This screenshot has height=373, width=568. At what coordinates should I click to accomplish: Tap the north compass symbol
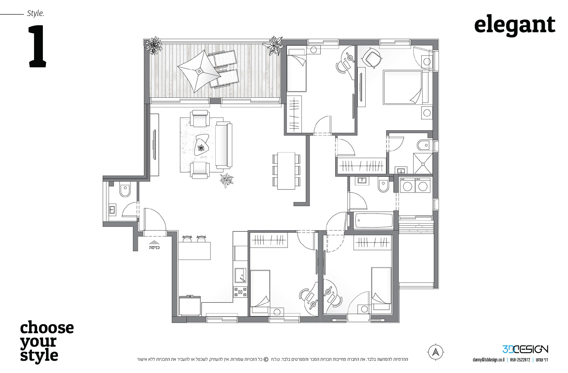435,352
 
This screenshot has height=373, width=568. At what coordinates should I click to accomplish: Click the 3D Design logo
525,349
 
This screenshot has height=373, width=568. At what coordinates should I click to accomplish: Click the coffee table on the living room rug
202,144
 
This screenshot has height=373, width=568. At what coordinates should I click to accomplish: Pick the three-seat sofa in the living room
224,145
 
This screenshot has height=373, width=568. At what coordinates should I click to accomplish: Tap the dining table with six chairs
286,171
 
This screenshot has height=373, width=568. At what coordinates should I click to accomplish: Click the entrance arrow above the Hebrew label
154,242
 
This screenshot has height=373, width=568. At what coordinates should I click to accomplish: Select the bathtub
374,220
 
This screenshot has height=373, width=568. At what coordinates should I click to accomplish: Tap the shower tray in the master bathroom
423,163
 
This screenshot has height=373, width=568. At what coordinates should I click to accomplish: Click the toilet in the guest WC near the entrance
125,190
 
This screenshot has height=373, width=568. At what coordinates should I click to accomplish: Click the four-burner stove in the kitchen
240,293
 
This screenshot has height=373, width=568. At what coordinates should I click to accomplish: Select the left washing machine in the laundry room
407,185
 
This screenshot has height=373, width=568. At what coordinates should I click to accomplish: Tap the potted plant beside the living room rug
226,180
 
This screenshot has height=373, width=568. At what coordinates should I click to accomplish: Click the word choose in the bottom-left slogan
47,328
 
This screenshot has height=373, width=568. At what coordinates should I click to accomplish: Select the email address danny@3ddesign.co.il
488,360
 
